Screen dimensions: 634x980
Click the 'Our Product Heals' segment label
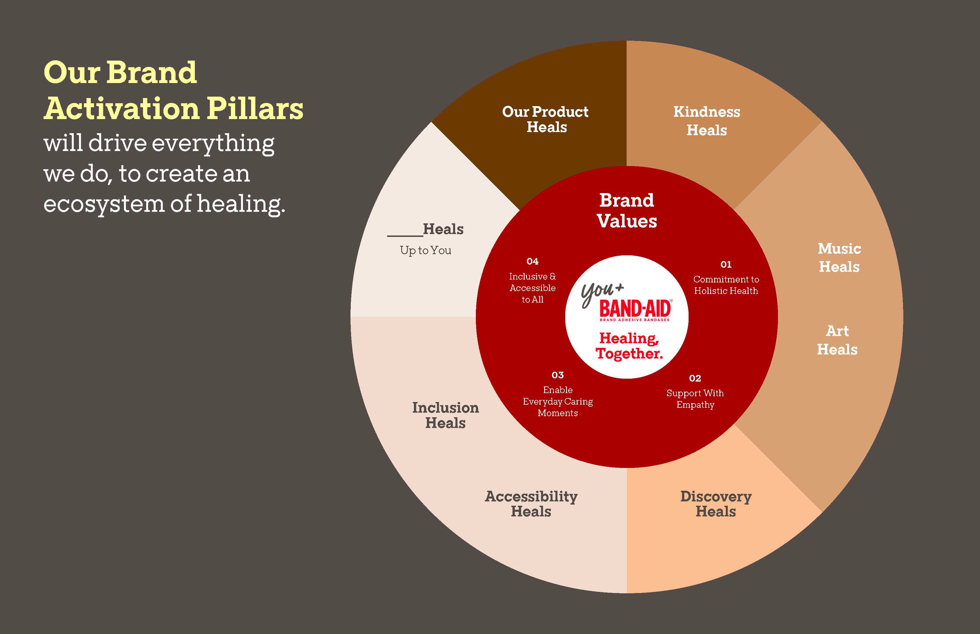tap(546, 120)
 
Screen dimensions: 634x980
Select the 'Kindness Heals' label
tap(707, 121)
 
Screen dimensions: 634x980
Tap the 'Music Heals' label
tap(839, 258)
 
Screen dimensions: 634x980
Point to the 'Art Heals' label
tap(837, 340)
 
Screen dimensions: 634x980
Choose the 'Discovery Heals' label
tap(716, 504)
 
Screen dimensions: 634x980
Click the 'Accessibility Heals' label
tap(531, 504)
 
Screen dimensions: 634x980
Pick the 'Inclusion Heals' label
tap(446, 415)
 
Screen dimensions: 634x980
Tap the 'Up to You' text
tap(425, 250)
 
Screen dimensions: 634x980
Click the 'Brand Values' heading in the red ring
tap(627, 211)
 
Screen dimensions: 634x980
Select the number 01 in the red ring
tap(726, 264)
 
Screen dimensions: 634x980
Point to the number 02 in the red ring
tap(695, 378)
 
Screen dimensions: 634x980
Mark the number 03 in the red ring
tap(557, 375)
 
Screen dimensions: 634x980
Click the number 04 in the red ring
tap(532, 261)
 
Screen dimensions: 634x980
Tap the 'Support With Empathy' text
tap(695, 399)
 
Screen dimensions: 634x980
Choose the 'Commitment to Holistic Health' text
tap(726, 285)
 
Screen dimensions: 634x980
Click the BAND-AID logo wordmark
tap(635, 309)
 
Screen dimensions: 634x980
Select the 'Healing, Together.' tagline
tap(629, 346)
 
